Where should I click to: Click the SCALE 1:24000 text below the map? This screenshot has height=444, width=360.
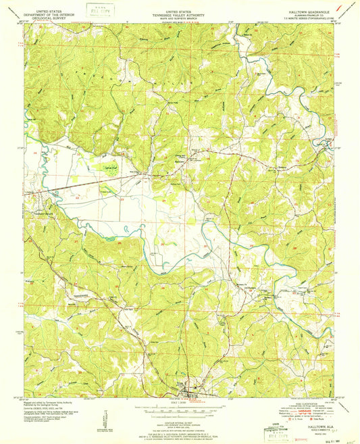click(180, 404)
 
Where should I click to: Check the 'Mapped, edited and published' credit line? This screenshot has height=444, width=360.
click(51, 402)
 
